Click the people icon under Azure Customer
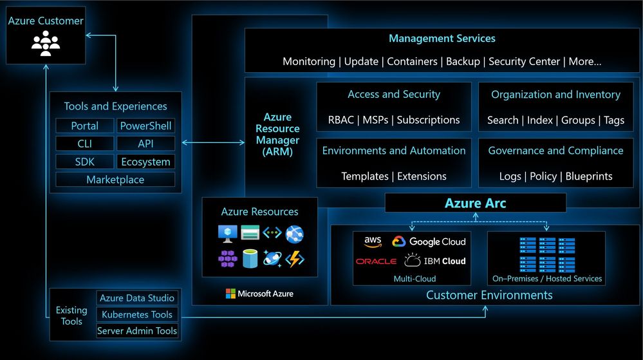pos(46,43)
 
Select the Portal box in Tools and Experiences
pos(84,126)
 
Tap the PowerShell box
pos(145,126)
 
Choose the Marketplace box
pos(115,180)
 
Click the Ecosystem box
pos(145,162)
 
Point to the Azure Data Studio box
pos(137,298)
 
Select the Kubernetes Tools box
pos(137,314)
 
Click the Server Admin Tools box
pos(137,330)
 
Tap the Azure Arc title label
pos(475,203)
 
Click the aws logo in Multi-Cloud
pos(373,242)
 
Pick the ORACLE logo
pos(376,261)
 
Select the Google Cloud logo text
pos(437,242)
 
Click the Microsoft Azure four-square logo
pos(230,294)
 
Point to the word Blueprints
pos(589,176)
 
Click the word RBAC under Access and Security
pos(340,120)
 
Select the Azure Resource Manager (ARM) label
pos(277,134)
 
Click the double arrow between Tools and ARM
pos(213,142)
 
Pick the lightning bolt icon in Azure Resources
pos(295,259)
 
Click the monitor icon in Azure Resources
pos(228,234)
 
